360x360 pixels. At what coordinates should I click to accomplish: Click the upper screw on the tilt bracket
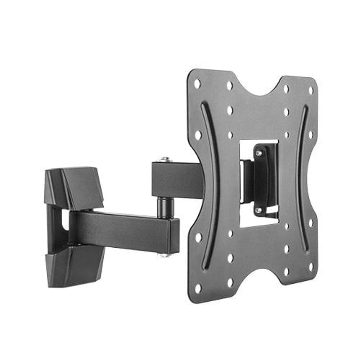[x=258, y=153]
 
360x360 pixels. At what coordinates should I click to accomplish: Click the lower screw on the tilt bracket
[x=258, y=210]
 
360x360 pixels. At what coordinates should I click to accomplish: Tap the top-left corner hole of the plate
[x=197, y=84]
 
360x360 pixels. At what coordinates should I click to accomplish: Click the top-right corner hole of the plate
[x=311, y=90]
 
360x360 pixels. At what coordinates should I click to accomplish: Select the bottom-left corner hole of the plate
[x=198, y=288]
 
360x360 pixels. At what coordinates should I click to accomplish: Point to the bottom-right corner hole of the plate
[x=310, y=267]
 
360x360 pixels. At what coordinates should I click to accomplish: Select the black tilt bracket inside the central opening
[x=265, y=180]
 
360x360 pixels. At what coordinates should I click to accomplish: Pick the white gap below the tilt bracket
[x=257, y=221]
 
